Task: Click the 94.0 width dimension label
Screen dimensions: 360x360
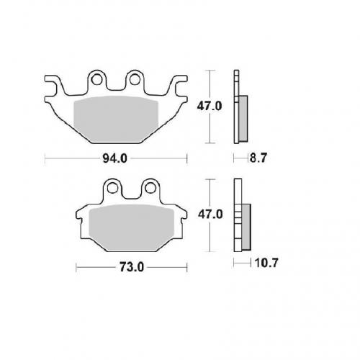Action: tap(114, 158)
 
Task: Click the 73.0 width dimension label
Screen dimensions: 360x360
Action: tap(132, 267)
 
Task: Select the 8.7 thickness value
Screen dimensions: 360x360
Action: tap(258, 158)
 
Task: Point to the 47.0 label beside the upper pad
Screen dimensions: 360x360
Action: tap(210, 106)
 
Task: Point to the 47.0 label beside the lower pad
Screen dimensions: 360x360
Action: tap(210, 215)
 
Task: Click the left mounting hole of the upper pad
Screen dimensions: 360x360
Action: tap(96, 79)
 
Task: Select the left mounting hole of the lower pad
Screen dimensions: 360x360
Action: tap(112, 188)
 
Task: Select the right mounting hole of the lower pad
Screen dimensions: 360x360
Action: tap(150, 188)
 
